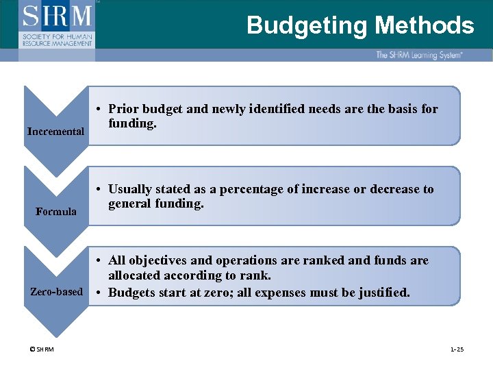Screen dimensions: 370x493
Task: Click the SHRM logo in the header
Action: pyautogui.click(x=58, y=24)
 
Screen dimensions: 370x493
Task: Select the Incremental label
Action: pyautogui.click(x=55, y=131)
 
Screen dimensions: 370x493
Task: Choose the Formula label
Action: pyautogui.click(x=56, y=211)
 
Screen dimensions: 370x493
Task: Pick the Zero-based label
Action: pyautogui.click(x=56, y=291)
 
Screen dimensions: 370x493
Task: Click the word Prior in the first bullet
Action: pyautogui.click(x=123, y=109)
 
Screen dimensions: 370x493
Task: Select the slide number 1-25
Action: pyautogui.click(x=457, y=350)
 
